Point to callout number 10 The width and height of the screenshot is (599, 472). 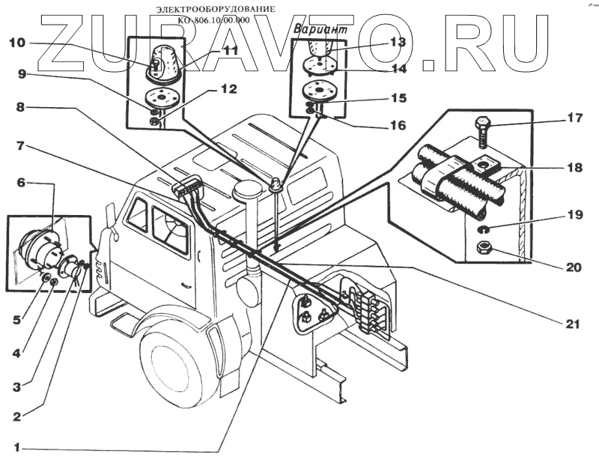[x=17, y=43]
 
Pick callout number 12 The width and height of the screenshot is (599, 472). [x=228, y=89]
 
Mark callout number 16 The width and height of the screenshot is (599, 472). [x=398, y=125]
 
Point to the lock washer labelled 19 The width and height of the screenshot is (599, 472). [x=485, y=229]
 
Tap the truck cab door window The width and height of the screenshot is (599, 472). [x=170, y=225]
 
